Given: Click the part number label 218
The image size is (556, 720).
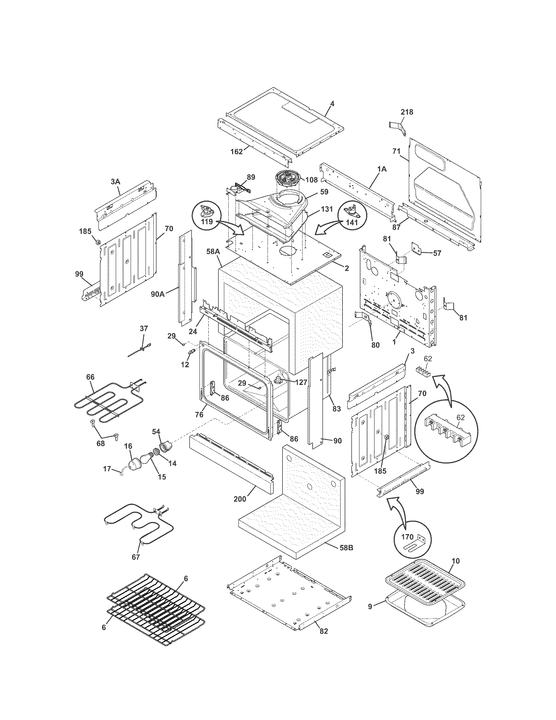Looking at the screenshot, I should click(407, 112).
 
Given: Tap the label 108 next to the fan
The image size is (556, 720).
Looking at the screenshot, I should click(311, 180).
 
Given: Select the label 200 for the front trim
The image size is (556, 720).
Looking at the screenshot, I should click(240, 499).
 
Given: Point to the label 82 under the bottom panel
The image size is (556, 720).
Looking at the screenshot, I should click(324, 631).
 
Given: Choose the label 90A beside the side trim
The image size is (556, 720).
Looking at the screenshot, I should click(158, 294).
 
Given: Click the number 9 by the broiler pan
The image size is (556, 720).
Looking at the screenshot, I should click(370, 606).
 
